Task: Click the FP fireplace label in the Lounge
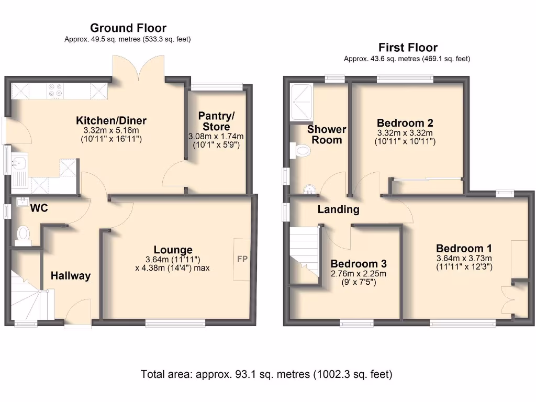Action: click(x=242, y=259)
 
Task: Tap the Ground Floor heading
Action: click(x=128, y=28)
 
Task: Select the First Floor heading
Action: click(x=408, y=48)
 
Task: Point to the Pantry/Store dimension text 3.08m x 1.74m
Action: click(x=216, y=137)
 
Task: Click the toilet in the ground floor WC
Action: click(x=23, y=234)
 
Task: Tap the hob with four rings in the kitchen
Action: click(x=55, y=91)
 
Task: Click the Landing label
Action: click(x=338, y=210)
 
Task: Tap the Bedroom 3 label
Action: click(x=358, y=263)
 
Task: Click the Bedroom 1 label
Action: click(x=464, y=248)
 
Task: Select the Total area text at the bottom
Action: click(x=267, y=375)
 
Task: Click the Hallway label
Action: click(x=71, y=276)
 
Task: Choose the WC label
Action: click(x=39, y=208)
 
